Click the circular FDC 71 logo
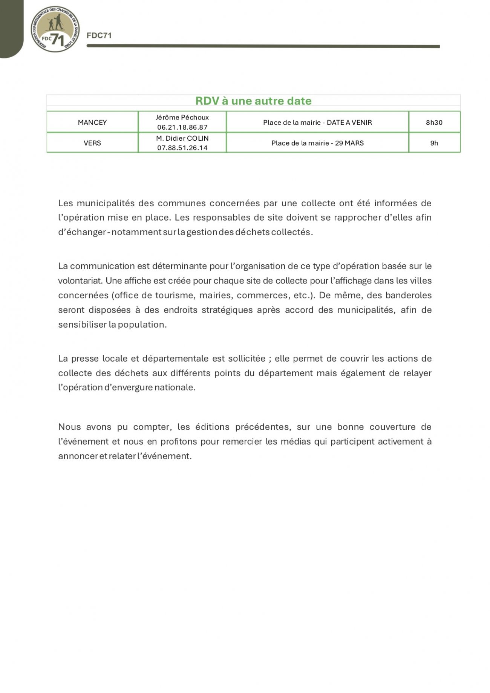click(x=55, y=29)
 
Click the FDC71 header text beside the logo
click(x=99, y=35)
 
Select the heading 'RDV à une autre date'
click(x=253, y=101)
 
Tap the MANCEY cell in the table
click(x=92, y=123)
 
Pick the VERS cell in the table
click(x=92, y=143)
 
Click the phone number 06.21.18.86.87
click(x=182, y=127)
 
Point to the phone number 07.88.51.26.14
click(x=182, y=148)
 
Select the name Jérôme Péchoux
click(x=182, y=118)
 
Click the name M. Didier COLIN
click(x=182, y=138)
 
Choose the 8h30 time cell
click(x=434, y=123)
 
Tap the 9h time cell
click(x=434, y=143)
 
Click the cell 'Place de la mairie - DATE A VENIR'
click(x=317, y=123)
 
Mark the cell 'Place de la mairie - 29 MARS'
click(x=317, y=143)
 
